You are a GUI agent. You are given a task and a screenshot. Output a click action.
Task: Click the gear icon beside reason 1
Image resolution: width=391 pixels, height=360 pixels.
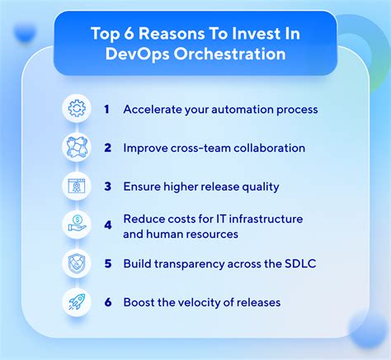coord(75,109)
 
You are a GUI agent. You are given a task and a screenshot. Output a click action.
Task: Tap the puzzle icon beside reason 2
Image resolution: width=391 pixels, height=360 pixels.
coord(75,148)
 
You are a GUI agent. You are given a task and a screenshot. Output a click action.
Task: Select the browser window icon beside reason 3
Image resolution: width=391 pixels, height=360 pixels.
coord(75,187)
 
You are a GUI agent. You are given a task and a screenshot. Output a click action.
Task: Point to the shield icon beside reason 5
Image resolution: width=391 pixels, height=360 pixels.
coord(75,264)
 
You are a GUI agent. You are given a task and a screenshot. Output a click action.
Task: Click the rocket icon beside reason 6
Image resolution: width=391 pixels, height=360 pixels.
coord(75,303)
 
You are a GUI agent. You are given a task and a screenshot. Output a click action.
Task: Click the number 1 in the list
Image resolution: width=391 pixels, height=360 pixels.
coord(106,109)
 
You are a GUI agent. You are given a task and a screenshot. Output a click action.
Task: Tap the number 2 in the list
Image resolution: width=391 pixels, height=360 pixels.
coord(106,148)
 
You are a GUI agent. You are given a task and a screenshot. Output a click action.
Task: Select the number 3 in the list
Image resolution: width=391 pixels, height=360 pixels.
coord(106,187)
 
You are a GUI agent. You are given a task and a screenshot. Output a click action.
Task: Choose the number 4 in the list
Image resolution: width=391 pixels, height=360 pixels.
coord(106,225)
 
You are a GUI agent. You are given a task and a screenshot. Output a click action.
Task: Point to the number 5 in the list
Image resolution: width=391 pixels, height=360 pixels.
coord(106,264)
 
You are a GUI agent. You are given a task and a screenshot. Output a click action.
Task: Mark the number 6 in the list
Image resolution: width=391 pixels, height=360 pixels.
coord(106,303)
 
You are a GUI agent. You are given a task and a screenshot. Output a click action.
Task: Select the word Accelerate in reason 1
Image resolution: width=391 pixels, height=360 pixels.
coord(152,109)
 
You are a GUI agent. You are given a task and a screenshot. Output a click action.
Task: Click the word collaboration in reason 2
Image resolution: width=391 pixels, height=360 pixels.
coord(268,148)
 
